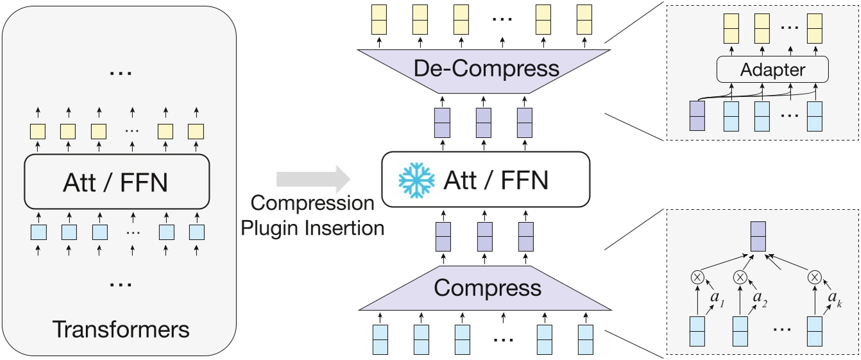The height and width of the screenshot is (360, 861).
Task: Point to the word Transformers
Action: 121,329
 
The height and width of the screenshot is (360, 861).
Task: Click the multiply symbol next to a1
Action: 697,277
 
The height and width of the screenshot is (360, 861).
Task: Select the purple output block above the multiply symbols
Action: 758,237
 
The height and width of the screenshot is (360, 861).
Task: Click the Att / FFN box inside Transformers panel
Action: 117,182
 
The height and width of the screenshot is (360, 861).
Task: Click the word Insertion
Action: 343,228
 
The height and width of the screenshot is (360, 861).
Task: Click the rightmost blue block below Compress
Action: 584,339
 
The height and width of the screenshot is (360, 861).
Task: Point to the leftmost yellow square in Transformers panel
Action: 37,132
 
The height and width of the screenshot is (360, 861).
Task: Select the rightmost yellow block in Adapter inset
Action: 815,28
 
